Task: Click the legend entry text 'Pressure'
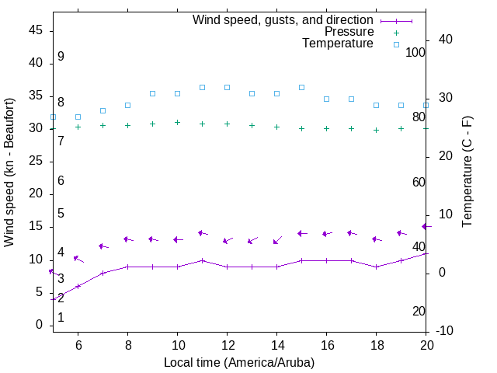[x=349, y=32]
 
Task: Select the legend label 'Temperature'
[x=338, y=44]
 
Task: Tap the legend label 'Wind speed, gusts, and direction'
[x=283, y=20]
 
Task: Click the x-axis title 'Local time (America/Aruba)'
[x=239, y=362]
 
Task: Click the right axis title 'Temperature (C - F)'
[x=467, y=173]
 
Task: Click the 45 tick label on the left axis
[x=35, y=30]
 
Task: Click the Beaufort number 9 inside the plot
[x=61, y=57]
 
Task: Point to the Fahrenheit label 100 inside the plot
[x=415, y=52]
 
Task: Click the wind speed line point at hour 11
[x=202, y=260]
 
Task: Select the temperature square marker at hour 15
[x=301, y=87]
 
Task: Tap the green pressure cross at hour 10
[x=177, y=122]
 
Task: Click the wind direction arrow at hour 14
[x=277, y=240]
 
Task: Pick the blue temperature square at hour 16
[x=326, y=99]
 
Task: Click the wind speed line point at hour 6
[x=78, y=286]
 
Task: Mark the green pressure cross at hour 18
[x=376, y=130]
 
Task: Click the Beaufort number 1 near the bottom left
[x=61, y=318]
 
